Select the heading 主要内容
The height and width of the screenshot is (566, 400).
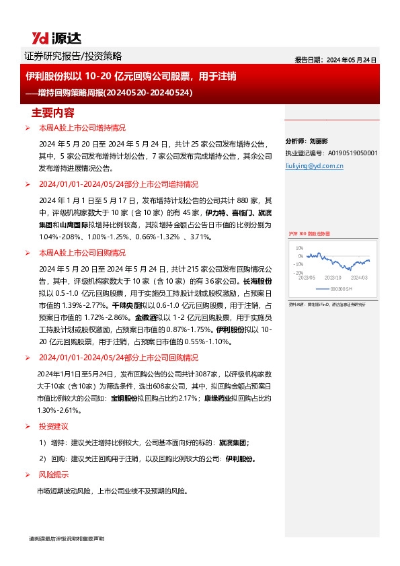pos(53,112)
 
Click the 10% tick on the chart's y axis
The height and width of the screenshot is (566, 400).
pos(299,247)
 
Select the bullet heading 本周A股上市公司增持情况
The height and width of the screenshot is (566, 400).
pos(82,128)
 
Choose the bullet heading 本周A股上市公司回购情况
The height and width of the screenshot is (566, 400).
pos(82,253)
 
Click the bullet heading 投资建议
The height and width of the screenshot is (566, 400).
pos(53,407)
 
